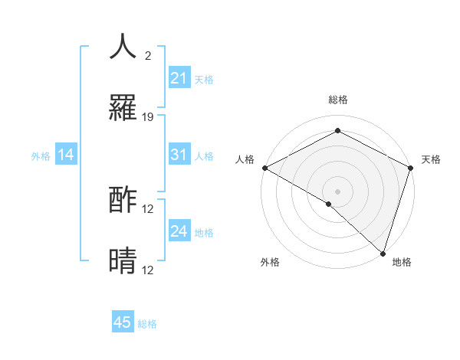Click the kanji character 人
pos(123,46)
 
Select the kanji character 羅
pos(123,109)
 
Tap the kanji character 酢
pos(123,201)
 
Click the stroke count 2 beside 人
pos(147,56)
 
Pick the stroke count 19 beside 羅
pos(149,117)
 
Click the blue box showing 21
pos(179,78)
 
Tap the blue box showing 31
pos(179,155)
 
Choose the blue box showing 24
pos(179,231)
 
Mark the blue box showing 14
pos(66,155)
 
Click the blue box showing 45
pos(123,322)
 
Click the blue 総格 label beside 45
pos(147,324)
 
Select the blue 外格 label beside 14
pos(41,156)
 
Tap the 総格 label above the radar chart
pos(337,100)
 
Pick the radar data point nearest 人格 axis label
pos(264,167)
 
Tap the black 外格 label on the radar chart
pos(270,262)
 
